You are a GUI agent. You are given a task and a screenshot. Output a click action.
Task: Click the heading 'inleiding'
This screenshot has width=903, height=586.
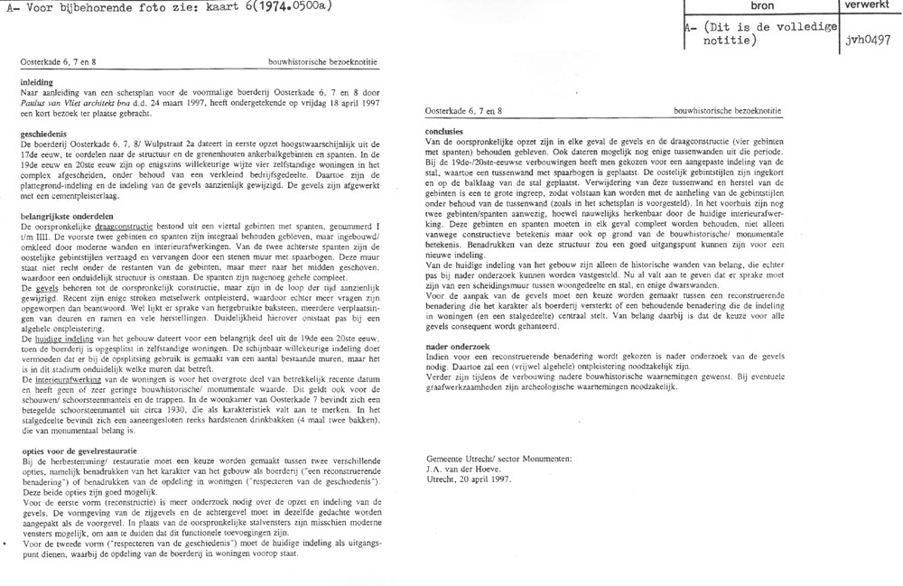pos(40,80)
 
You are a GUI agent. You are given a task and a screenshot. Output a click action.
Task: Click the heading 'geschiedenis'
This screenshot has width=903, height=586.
pos(48,132)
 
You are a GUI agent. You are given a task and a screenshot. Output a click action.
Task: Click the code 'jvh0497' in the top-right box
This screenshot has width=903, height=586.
pos(870,41)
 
